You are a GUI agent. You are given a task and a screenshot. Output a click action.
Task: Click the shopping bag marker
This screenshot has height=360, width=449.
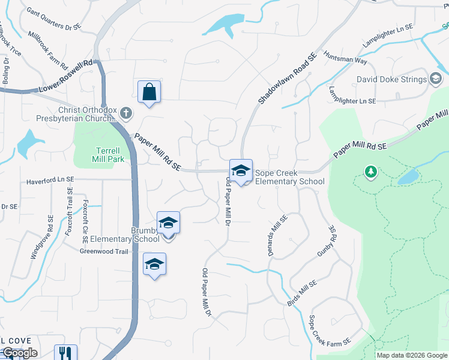tap(149, 92)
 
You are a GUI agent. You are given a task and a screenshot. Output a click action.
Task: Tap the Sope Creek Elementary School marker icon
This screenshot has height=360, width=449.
tap(241, 171)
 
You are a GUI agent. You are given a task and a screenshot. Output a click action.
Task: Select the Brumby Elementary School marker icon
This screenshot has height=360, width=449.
tap(169, 223)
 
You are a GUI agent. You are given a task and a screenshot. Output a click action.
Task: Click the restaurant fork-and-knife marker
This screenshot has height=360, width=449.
tap(65, 353)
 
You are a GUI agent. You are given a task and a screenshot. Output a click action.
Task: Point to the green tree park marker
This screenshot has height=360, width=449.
tap(371, 173)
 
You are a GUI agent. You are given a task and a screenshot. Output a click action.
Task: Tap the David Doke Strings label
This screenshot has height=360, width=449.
tap(391, 79)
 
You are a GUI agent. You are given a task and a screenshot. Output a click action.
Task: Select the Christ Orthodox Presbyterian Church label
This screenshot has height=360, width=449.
tap(87, 113)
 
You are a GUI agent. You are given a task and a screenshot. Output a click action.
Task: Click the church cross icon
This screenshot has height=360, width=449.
tap(125, 112)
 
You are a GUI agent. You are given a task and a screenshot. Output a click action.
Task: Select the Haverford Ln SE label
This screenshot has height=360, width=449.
tap(50, 179)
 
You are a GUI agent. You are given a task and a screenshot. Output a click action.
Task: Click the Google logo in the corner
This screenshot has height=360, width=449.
tap(20, 353)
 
